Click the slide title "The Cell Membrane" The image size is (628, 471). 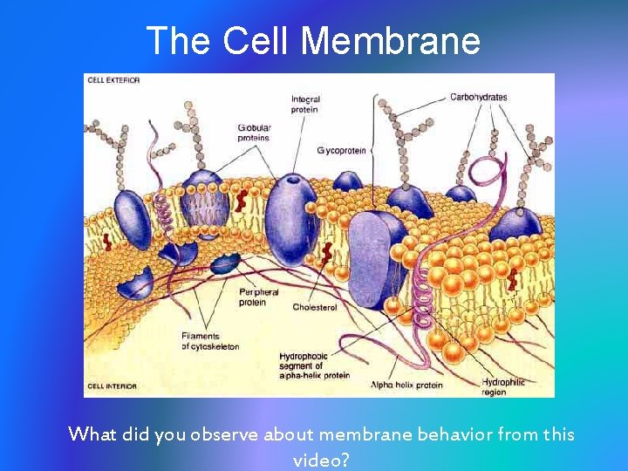click(313, 40)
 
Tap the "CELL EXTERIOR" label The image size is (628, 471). click(113, 80)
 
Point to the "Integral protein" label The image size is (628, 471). click(305, 105)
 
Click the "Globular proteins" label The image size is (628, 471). click(255, 133)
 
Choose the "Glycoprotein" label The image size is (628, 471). click(342, 151)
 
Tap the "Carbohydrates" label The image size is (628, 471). click(478, 97)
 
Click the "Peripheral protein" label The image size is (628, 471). click(258, 297)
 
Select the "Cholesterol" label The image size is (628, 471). click(314, 307)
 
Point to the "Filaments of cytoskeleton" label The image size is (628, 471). click(210, 341)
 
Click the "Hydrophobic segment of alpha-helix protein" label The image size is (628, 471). click(314, 365)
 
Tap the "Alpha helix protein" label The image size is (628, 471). click(406, 385)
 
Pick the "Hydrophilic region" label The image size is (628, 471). click(503, 386)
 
